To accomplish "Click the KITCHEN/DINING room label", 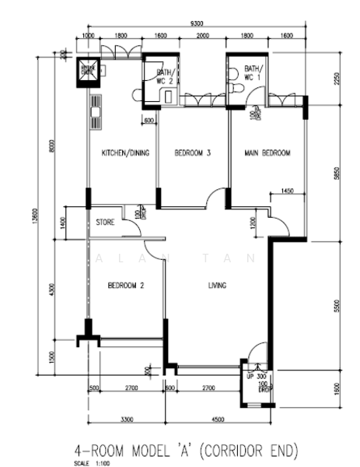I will pyautogui.click(x=125, y=153).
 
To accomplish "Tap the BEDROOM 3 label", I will pyautogui.click(x=192, y=153).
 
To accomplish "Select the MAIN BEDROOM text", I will pyautogui.click(x=267, y=153).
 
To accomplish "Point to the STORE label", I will pyautogui.click(x=106, y=223).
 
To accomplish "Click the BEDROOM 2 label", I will pyautogui.click(x=125, y=286).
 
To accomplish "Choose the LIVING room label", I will pyautogui.click(x=217, y=286).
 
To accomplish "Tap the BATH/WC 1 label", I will pyautogui.click(x=253, y=73).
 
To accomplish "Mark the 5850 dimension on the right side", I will pyautogui.click(x=335, y=175).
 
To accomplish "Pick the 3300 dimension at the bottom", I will pyautogui.click(x=125, y=421).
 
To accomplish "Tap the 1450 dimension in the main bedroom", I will pyautogui.click(x=287, y=191).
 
